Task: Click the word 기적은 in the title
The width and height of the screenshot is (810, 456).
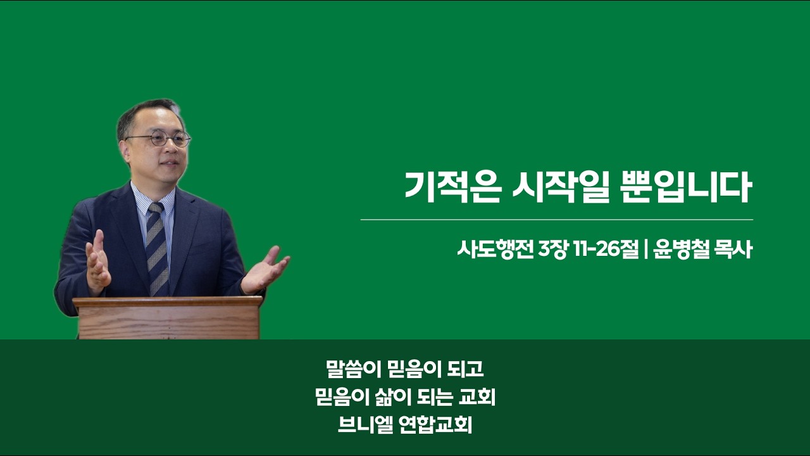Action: click(x=452, y=187)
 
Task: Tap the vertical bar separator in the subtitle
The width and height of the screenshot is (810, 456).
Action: click(x=646, y=250)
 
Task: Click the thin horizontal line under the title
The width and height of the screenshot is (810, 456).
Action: click(x=557, y=220)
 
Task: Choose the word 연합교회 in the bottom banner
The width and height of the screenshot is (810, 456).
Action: click(x=436, y=425)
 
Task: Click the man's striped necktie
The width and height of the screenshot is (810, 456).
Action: click(x=158, y=250)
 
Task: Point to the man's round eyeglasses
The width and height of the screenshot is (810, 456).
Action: click(x=159, y=139)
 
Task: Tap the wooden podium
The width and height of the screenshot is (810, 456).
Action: click(x=168, y=318)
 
